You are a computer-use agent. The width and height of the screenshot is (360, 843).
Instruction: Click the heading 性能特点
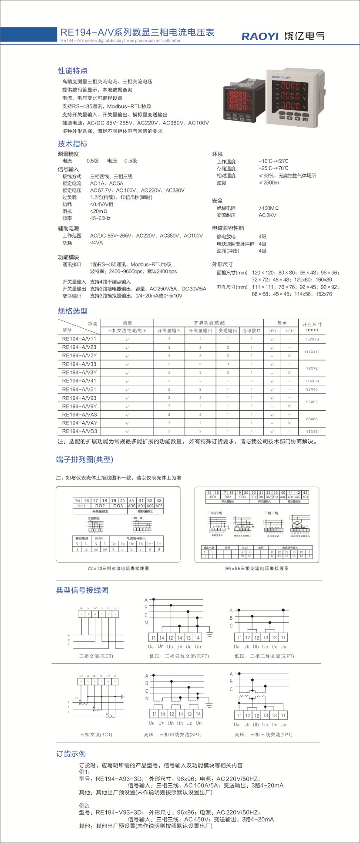point(73,71)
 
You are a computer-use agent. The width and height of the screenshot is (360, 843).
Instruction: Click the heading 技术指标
point(73,144)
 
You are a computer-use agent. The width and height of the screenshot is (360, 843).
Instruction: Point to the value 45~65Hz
point(100,218)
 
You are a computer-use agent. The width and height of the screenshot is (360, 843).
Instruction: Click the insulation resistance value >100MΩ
point(269,208)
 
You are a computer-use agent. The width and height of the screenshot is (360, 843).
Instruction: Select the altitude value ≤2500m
point(269,182)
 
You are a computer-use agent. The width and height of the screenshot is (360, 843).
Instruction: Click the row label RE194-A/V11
point(79,339)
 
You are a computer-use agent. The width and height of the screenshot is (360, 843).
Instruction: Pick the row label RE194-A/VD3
point(80,431)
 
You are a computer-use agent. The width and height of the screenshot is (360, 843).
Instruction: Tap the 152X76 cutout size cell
point(312,339)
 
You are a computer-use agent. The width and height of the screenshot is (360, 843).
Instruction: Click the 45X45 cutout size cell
point(312,432)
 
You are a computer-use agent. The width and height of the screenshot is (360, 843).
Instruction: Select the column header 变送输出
point(227,330)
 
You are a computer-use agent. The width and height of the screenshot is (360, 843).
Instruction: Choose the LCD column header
point(290,331)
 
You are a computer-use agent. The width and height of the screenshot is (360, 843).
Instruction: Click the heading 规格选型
point(73,311)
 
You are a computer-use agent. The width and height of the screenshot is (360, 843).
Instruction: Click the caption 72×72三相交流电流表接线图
point(118,568)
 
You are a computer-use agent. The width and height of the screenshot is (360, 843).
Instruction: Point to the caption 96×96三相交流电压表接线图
point(257,568)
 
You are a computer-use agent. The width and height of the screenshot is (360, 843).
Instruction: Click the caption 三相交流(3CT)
point(96,735)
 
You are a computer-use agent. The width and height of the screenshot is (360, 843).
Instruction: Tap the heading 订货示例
point(71,754)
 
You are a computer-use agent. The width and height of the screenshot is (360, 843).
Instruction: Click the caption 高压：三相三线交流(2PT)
point(263,735)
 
